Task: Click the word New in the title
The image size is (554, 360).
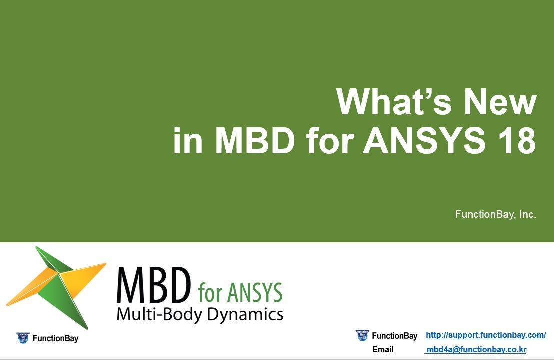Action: pos(500,102)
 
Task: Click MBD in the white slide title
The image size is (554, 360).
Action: pos(255,141)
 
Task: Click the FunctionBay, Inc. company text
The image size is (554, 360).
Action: pos(495,214)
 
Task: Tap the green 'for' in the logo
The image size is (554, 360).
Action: pos(210,293)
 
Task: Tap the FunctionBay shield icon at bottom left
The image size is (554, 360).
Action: pos(23,338)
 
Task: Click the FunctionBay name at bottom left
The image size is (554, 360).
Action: pos(55,338)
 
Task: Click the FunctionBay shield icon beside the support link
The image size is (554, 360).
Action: pos(362,335)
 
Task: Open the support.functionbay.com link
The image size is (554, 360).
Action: pos(486,335)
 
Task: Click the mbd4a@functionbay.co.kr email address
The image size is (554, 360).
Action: pos(476,350)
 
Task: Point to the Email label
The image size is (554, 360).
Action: pos(383,350)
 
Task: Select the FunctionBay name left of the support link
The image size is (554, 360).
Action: pos(394,336)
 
